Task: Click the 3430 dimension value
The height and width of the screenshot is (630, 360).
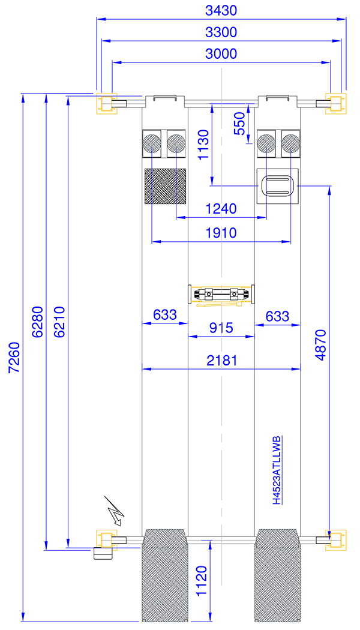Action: pos(221,11)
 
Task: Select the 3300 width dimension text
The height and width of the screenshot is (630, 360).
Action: pos(221,32)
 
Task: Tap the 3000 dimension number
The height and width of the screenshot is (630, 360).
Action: pos(221,53)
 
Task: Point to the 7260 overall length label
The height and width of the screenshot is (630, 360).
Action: pos(14,358)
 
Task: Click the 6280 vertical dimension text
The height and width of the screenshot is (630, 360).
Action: pos(37,322)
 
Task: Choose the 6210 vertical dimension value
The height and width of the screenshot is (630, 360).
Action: pos(59,322)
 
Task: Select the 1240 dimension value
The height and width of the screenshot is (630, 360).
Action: pos(221,209)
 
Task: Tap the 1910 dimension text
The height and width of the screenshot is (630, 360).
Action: pos(221,233)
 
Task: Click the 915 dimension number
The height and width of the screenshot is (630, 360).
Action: pos(221,328)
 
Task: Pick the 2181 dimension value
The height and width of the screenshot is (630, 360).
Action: pos(221,361)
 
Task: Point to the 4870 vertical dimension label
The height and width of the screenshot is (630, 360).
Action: pos(320,345)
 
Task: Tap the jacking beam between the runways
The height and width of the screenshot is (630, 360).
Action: pos(221,295)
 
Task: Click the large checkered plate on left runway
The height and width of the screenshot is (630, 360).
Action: pos(165,187)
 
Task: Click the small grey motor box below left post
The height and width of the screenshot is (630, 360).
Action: pos(103,553)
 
